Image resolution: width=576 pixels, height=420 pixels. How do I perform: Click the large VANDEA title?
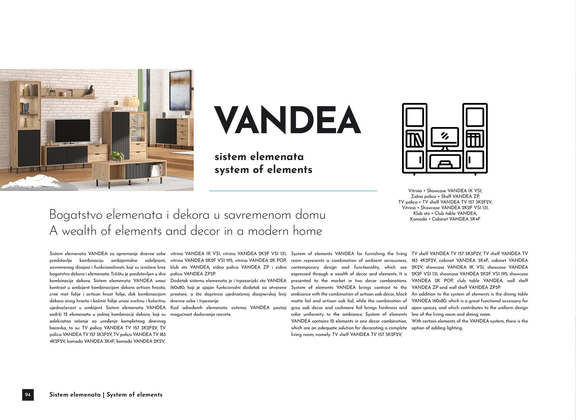pos(287,120)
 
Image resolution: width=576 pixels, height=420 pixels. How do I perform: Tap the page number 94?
pos(28,395)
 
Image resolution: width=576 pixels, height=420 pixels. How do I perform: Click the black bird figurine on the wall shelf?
pos(88,92)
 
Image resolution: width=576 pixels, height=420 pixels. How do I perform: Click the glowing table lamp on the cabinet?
pos(134,102)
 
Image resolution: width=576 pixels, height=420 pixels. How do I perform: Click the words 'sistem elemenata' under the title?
pos(259,157)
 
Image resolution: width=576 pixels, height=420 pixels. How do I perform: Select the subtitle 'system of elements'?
pos(263,170)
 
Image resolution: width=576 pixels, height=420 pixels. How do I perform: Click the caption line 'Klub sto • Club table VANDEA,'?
pos(445,213)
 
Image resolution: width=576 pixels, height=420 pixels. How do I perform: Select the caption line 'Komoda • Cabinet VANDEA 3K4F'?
pos(445,219)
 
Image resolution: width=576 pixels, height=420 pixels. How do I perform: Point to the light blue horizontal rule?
pos(293,191)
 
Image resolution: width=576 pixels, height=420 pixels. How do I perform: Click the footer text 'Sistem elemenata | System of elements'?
pos(106,395)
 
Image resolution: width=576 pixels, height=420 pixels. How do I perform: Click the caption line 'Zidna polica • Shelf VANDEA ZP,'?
pos(445,196)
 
